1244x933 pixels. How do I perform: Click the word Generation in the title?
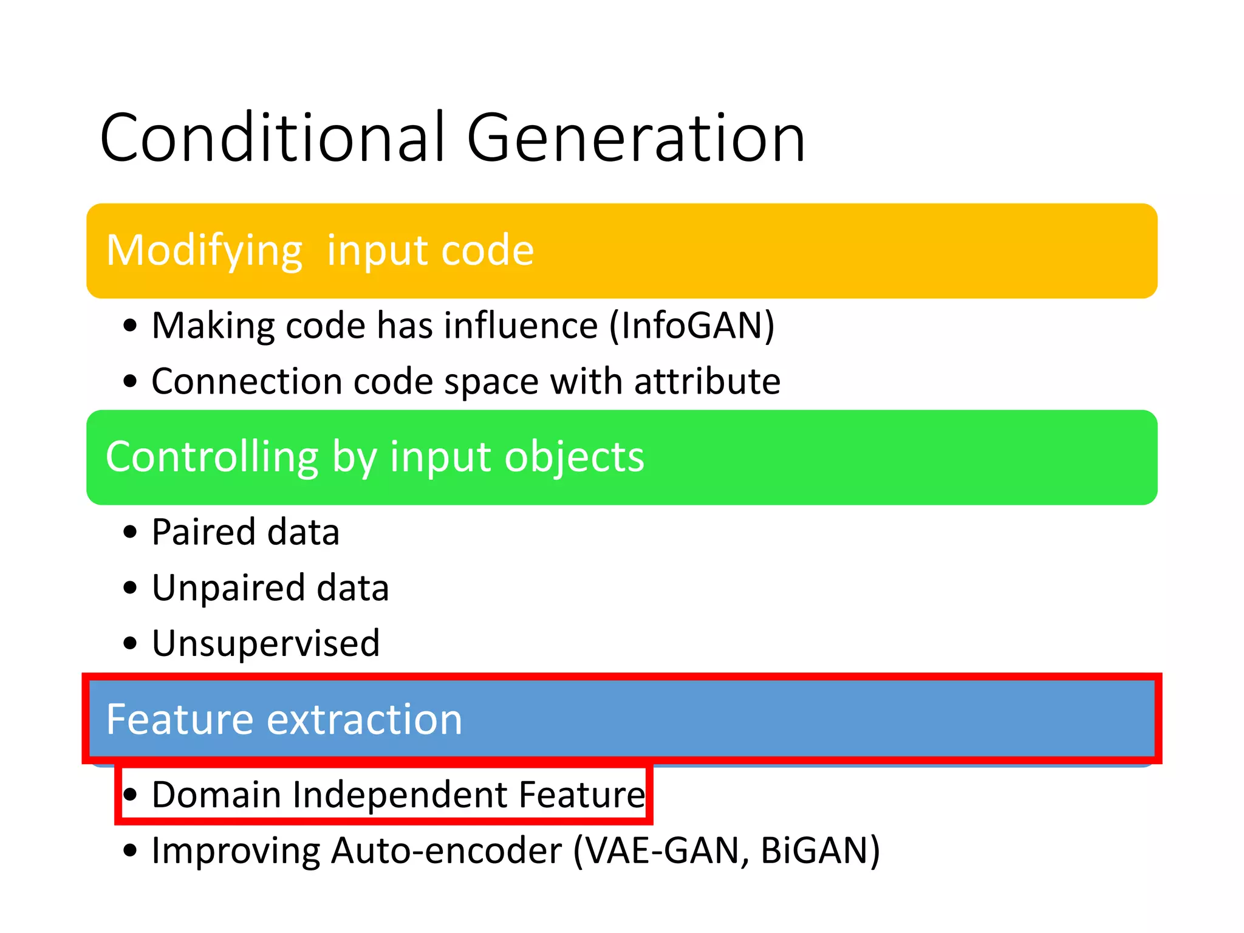point(635,138)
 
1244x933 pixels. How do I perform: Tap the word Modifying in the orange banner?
point(204,251)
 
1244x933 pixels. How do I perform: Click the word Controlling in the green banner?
point(211,457)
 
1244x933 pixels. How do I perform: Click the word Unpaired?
point(228,588)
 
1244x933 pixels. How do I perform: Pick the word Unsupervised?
point(265,643)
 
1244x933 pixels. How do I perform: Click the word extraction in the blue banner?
point(364,719)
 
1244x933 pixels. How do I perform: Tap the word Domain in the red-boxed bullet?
point(216,795)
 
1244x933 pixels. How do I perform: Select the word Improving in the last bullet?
point(236,850)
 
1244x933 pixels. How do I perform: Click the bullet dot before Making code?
point(129,326)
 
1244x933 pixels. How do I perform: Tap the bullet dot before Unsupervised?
point(129,643)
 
